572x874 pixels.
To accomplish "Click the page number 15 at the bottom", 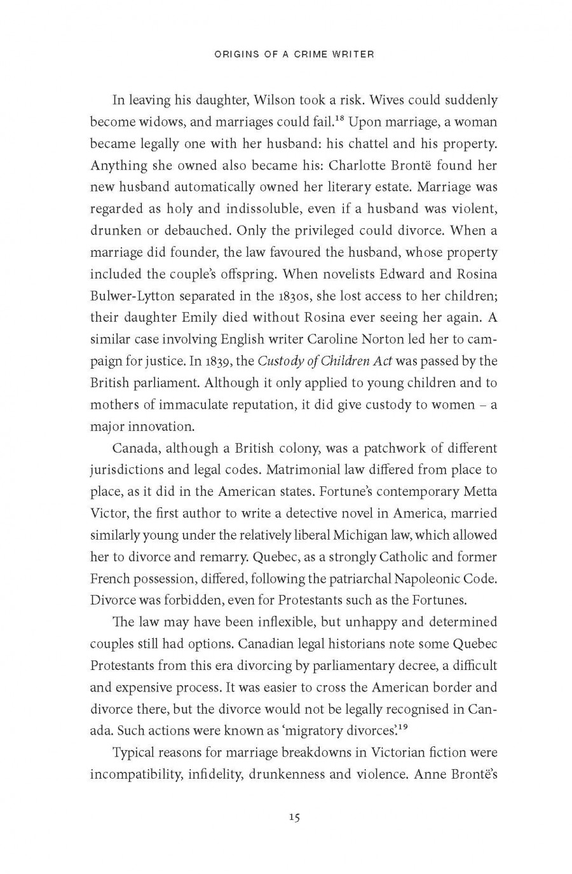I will [294, 817].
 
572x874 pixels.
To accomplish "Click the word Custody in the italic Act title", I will [279, 361].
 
